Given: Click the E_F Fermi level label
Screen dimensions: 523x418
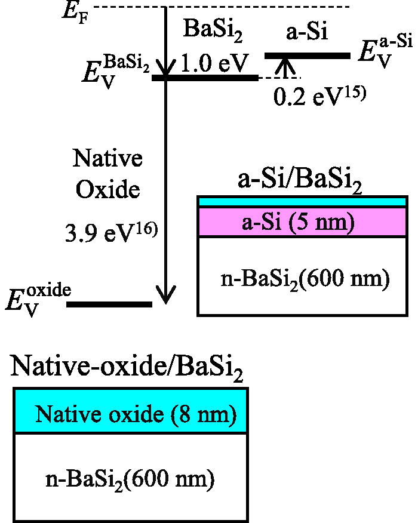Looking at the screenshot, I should coord(76,11).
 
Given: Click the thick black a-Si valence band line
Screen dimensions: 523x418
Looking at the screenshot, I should coord(307,56).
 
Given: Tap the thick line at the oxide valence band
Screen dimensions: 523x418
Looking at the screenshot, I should coord(110,304).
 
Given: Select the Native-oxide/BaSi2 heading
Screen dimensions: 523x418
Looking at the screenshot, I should coord(127,368).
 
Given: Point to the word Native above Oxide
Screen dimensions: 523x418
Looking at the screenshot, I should coord(107,159).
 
